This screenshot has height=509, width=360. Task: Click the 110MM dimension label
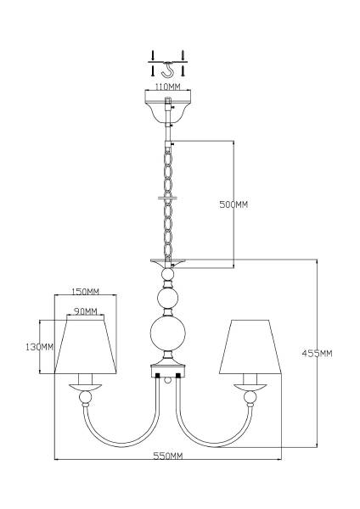pyautogui.click(x=167, y=87)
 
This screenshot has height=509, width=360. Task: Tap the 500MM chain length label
pyautogui.click(x=233, y=204)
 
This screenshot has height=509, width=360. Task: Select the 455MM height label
pyautogui.click(x=317, y=353)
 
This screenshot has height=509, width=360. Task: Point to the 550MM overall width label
pyautogui.click(x=167, y=456)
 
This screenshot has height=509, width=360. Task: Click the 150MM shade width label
pyautogui.click(x=85, y=292)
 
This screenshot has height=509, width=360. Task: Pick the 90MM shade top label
pyautogui.click(x=85, y=311)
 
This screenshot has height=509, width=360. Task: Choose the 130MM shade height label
pyautogui.click(x=39, y=347)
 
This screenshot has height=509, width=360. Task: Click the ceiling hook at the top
pyautogui.click(x=167, y=70)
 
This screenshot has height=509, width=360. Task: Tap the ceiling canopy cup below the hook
pyautogui.click(x=167, y=107)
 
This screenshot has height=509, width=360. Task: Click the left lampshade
pyautogui.click(x=86, y=347)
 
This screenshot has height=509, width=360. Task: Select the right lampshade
pyautogui.click(x=250, y=347)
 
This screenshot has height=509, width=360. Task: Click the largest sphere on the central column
pyautogui.click(x=167, y=333)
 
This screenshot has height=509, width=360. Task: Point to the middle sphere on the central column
pyautogui.click(x=167, y=298)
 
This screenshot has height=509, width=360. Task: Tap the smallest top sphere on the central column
pyautogui.click(x=167, y=274)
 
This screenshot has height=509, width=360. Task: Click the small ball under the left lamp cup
pyautogui.click(x=86, y=397)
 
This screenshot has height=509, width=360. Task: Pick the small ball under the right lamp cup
pyautogui.click(x=250, y=397)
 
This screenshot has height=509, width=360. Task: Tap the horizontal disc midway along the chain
pyautogui.click(x=167, y=198)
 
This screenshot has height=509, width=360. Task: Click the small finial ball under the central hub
pyautogui.click(x=167, y=380)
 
